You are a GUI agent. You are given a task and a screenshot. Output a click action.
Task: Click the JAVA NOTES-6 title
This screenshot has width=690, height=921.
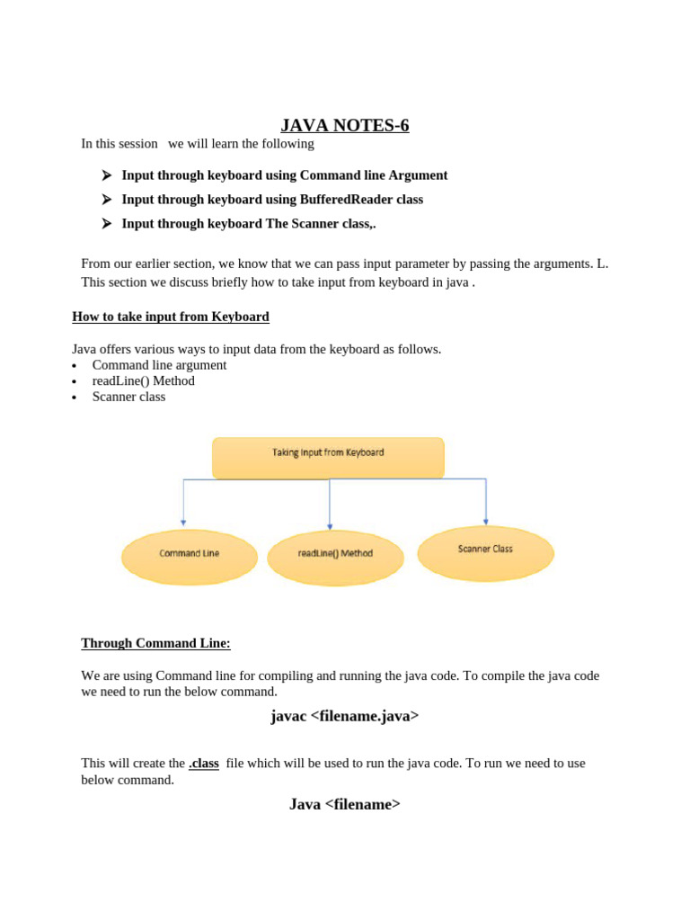[345, 125]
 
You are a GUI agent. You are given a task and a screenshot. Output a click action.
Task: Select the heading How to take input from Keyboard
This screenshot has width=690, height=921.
[171, 317]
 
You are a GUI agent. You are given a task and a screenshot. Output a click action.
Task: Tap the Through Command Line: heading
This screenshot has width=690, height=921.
[155, 643]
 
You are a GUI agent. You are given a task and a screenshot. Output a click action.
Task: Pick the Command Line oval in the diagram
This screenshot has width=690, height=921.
[189, 554]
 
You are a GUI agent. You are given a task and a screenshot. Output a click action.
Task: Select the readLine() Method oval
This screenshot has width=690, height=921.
[335, 554]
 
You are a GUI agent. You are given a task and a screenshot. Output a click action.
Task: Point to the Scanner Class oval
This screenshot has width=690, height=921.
[485, 550]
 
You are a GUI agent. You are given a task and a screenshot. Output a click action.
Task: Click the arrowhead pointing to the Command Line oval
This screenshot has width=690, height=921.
[183, 522]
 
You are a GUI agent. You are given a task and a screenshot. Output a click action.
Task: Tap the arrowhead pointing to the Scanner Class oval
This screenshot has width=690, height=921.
[486, 521]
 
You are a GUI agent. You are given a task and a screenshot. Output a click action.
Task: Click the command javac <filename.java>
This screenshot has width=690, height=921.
[345, 716]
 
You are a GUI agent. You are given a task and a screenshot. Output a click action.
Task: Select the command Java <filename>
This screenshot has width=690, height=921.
[345, 804]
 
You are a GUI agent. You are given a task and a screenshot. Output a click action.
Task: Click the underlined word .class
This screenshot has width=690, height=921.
[204, 763]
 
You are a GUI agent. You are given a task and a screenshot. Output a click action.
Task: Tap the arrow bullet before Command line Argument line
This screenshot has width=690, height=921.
[107, 175]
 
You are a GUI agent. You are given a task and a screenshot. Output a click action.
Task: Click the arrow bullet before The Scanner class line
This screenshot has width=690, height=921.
[107, 223]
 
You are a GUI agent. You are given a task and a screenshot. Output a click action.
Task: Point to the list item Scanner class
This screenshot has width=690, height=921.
[128, 397]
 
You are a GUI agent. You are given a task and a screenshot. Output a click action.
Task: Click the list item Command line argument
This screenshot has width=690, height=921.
[159, 365]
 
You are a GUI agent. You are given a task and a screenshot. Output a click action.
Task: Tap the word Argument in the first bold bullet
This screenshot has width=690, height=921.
[418, 175]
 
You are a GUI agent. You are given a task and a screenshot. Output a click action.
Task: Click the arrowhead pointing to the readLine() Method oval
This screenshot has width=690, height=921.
[330, 526]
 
